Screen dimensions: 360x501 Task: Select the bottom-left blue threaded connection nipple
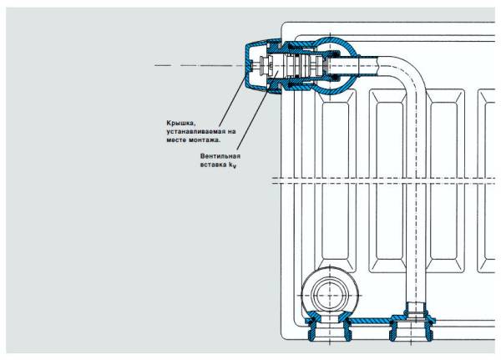coord(321,328)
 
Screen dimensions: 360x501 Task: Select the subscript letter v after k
coord(236,168)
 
